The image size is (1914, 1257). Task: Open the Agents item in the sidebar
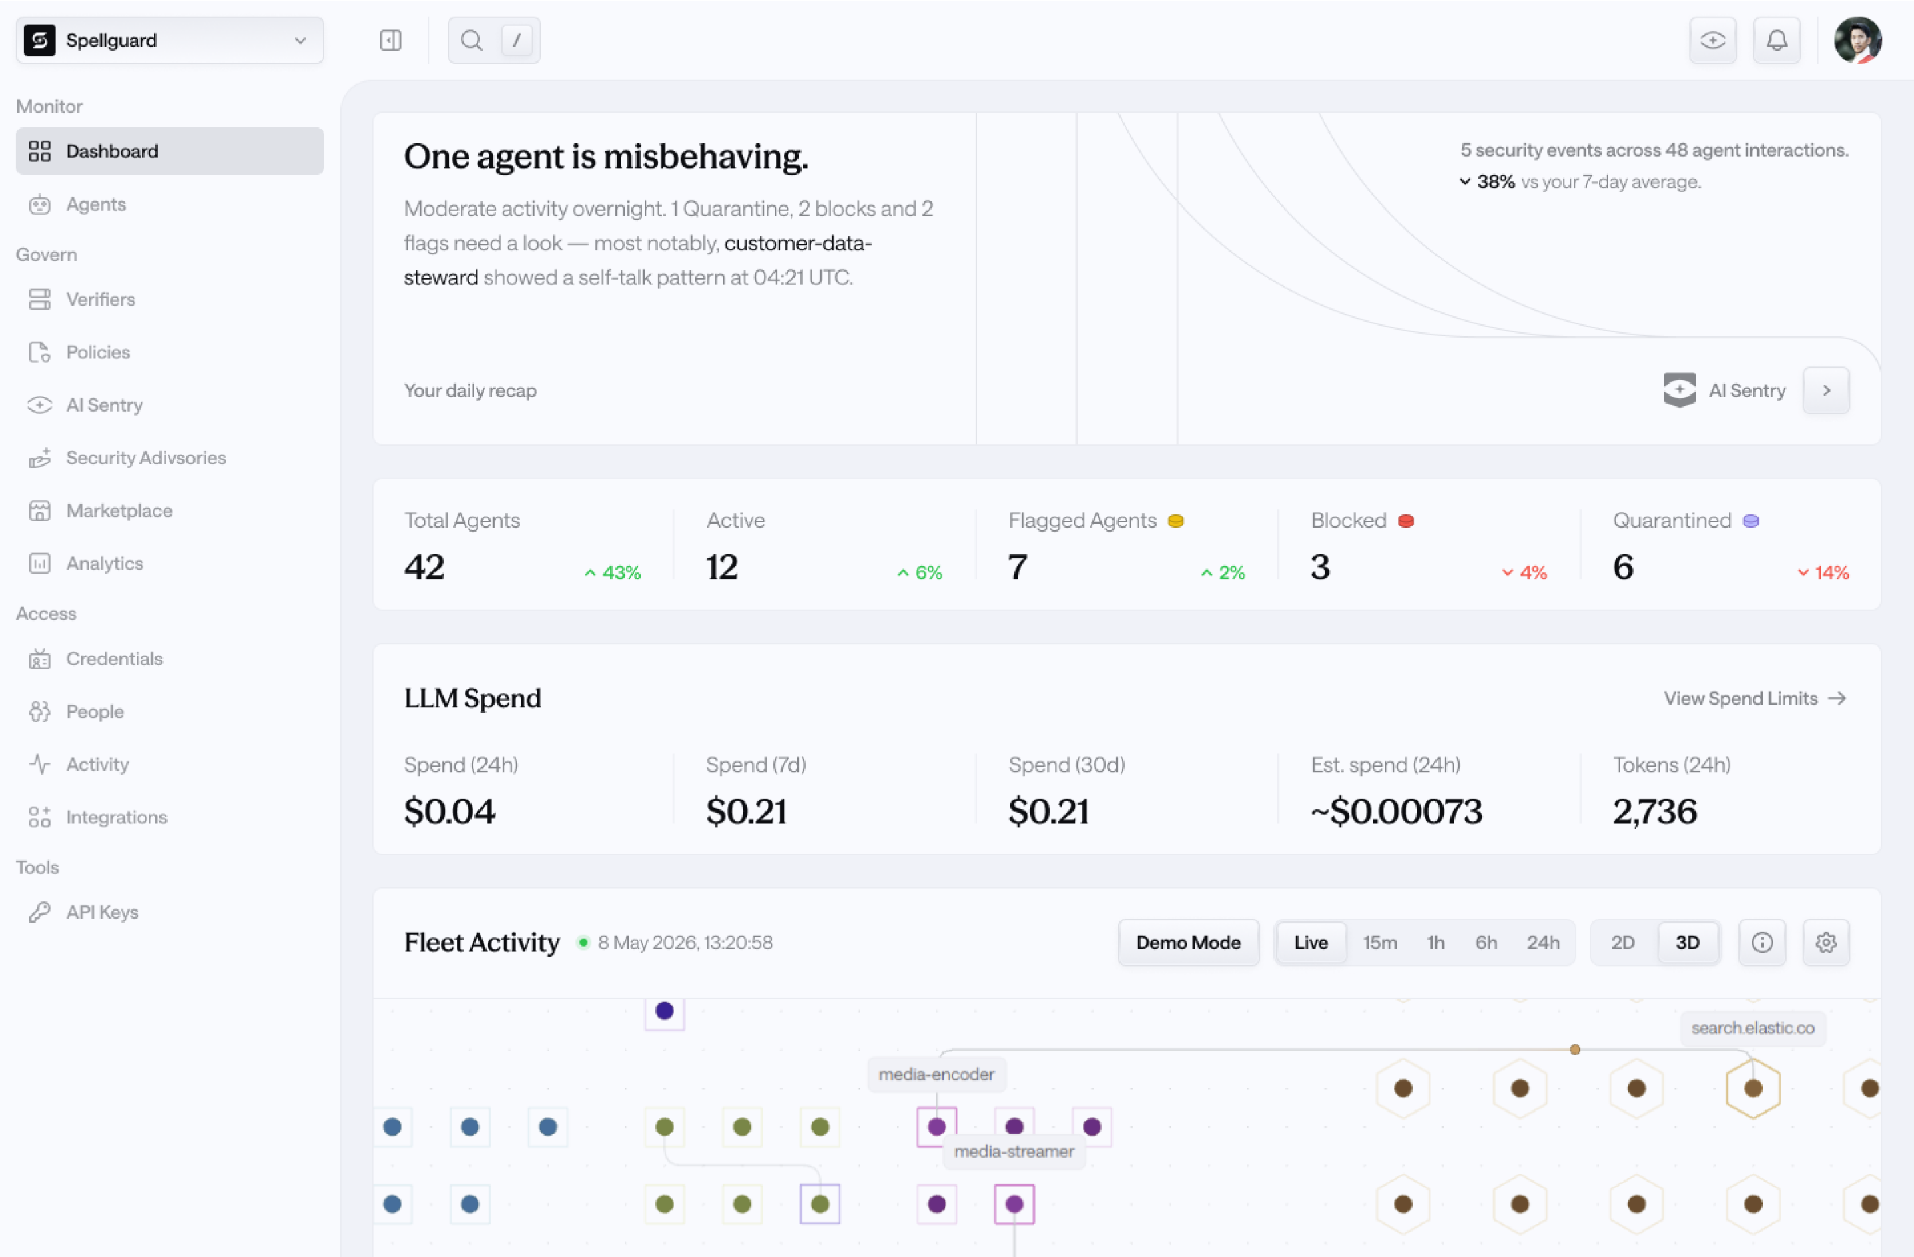point(95,204)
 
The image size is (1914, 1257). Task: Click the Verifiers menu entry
point(101,299)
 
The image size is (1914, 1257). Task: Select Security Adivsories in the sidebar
point(145,458)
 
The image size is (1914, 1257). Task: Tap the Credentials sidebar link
point(114,659)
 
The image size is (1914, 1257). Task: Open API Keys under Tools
point(102,912)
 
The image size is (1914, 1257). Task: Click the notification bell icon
point(1777,40)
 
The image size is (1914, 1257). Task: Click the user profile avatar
point(1858,40)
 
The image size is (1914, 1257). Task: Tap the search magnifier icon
point(472,40)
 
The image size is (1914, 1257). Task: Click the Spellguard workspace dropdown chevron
point(300,40)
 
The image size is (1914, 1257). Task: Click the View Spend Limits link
point(1754,698)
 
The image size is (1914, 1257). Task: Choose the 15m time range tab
point(1380,943)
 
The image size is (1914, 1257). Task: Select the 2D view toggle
point(1623,943)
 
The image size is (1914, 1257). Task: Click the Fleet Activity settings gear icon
point(1825,943)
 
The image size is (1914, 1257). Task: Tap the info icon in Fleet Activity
point(1762,943)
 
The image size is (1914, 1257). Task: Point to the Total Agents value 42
point(424,567)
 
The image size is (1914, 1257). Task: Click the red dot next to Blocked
point(1405,521)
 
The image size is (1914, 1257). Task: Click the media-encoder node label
point(937,1074)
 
